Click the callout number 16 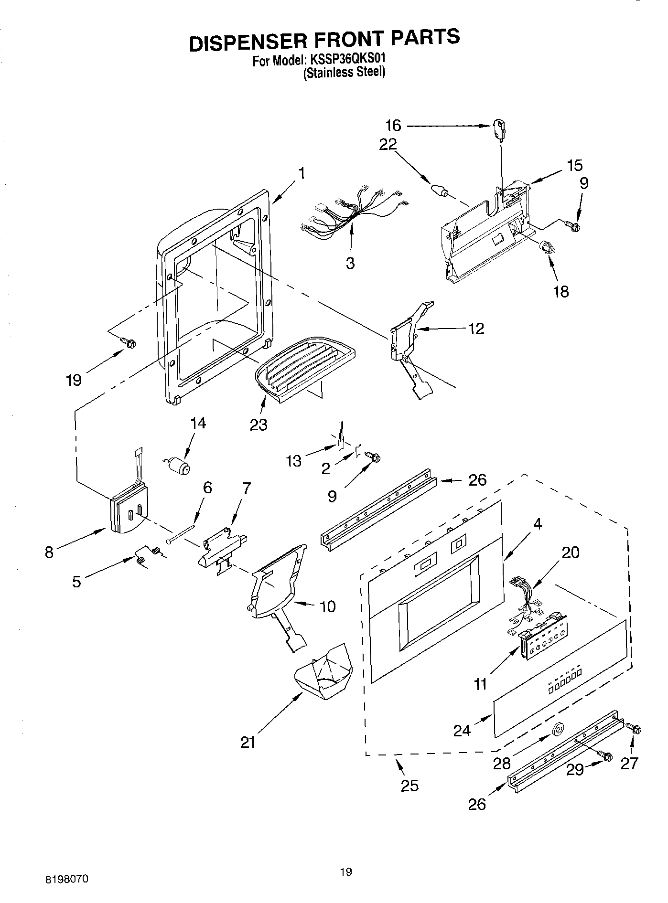393,126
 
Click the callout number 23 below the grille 259,425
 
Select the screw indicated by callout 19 129,342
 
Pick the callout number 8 49,552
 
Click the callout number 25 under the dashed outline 409,786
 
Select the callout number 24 462,731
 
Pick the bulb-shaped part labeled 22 440,191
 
